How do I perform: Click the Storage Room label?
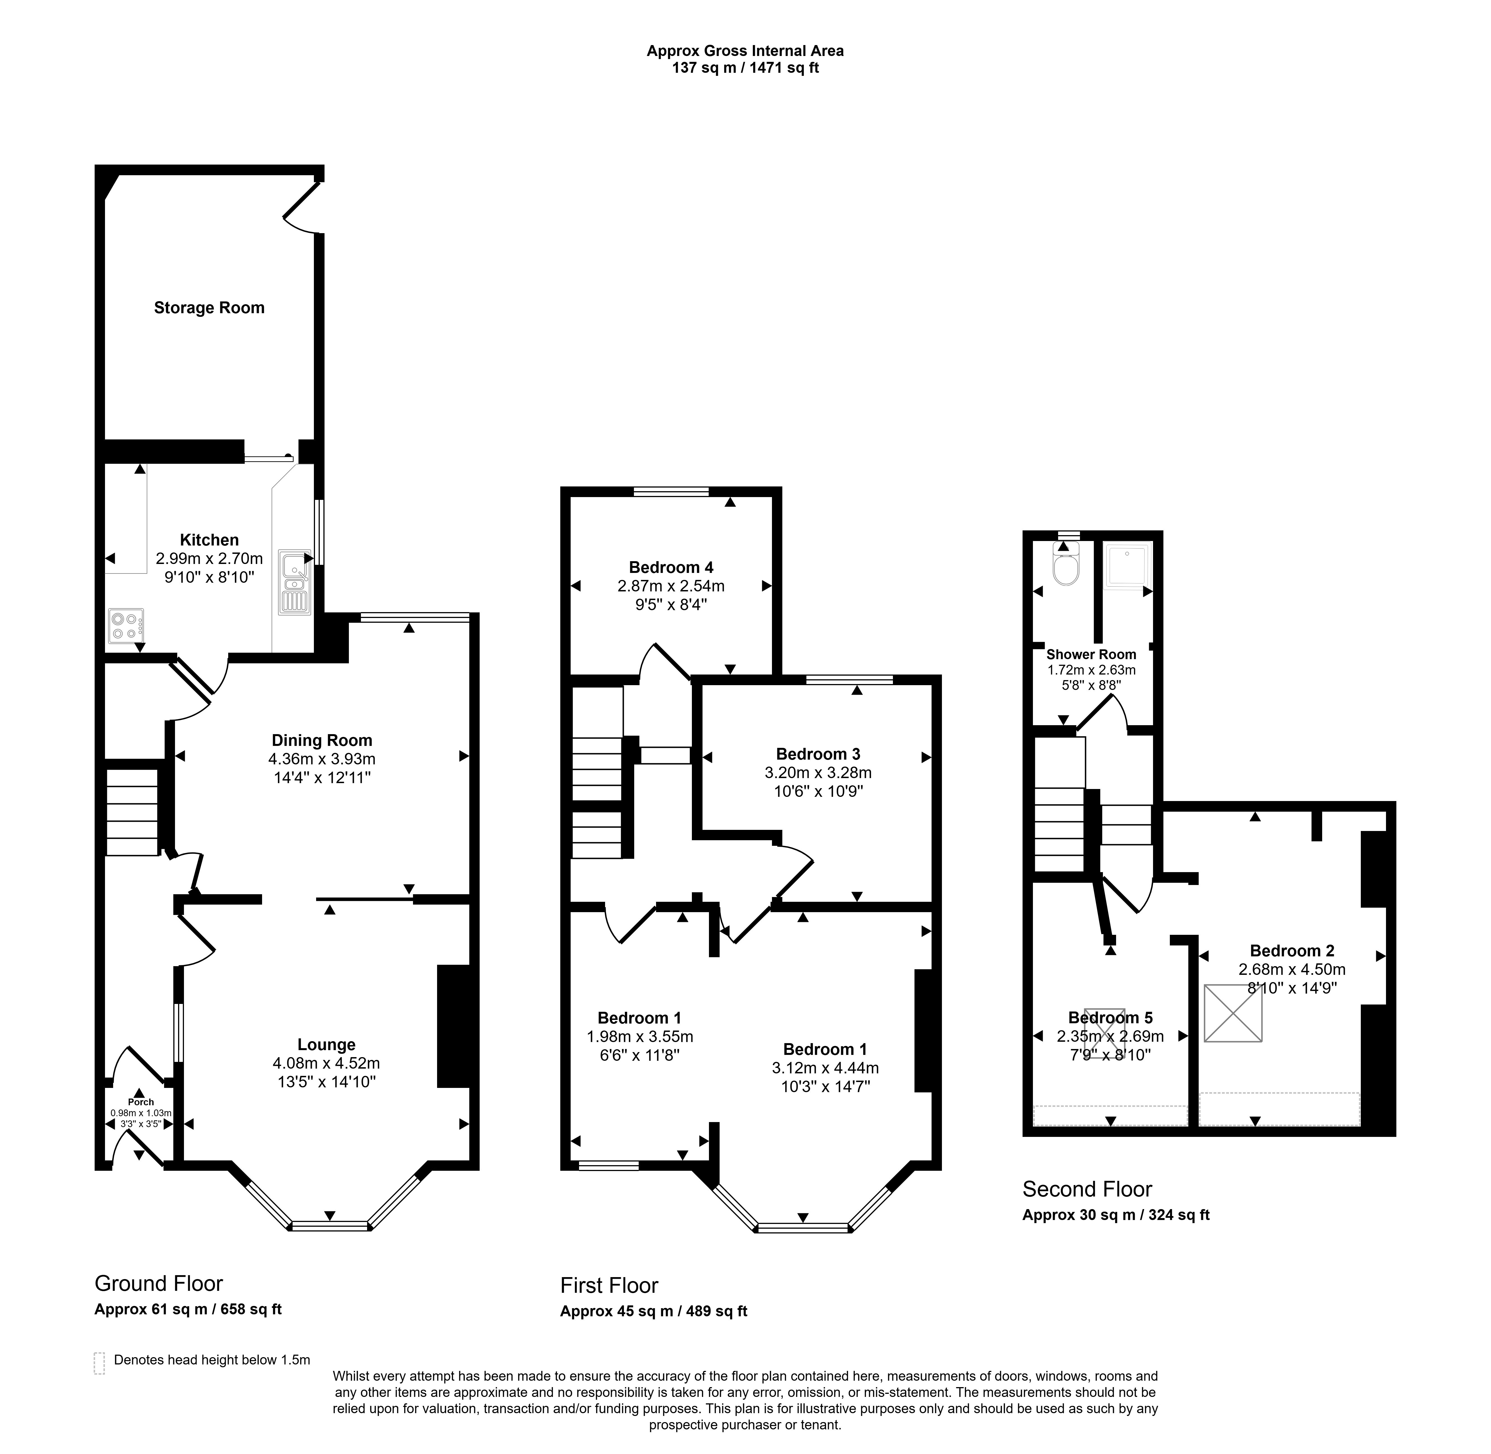[x=209, y=308]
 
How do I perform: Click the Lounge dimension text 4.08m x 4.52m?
[x=326, y=1063]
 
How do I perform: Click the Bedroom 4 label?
[x=671, y=567]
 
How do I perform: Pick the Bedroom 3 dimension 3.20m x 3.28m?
[x=818, y=773]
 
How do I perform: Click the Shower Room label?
[x=1091, y=654]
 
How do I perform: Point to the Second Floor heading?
[x=1088, y=1189]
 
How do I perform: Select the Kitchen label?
[x=209, y=540]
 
